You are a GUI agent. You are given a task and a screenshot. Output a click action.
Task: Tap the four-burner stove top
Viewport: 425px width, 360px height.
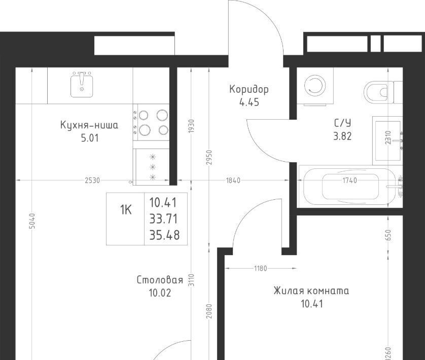click(151, 123)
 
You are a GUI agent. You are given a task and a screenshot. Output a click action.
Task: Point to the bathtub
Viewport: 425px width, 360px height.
click(349, 187)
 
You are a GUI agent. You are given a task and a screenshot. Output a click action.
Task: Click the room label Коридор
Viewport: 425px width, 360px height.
click(249, 89)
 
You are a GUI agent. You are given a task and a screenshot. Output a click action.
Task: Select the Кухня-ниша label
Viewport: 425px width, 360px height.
click(89, 125)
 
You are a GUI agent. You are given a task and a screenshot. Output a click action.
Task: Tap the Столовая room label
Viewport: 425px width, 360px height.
click(160, 280)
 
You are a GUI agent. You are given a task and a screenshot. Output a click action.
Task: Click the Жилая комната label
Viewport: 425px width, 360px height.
click(311, 291)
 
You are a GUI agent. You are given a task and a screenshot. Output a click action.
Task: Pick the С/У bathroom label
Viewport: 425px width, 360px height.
click(343, 123)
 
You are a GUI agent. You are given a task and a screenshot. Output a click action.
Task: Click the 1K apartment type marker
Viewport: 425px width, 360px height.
click(126, 209)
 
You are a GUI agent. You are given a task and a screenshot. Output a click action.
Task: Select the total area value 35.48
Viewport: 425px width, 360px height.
click(164, 235)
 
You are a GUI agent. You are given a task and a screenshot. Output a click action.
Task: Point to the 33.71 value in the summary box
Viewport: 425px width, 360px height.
click(164, 219)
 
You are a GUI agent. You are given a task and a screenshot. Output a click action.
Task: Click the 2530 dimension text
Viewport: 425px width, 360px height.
click(92, 181)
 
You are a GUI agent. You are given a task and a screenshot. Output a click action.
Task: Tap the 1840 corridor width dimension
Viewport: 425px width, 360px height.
click(233, 181)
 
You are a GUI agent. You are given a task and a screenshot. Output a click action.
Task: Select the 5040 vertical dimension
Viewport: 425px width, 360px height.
click(32, 221)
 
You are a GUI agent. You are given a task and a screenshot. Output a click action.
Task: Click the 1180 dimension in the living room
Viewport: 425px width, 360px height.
click(261, 268)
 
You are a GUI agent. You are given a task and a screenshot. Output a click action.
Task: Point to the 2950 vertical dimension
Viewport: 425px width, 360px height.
click(208, 158)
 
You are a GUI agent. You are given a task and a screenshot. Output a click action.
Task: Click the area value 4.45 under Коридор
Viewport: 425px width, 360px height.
click(249, 102)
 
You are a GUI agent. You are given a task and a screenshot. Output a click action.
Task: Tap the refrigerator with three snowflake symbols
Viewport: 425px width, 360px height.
click(151, 167)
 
